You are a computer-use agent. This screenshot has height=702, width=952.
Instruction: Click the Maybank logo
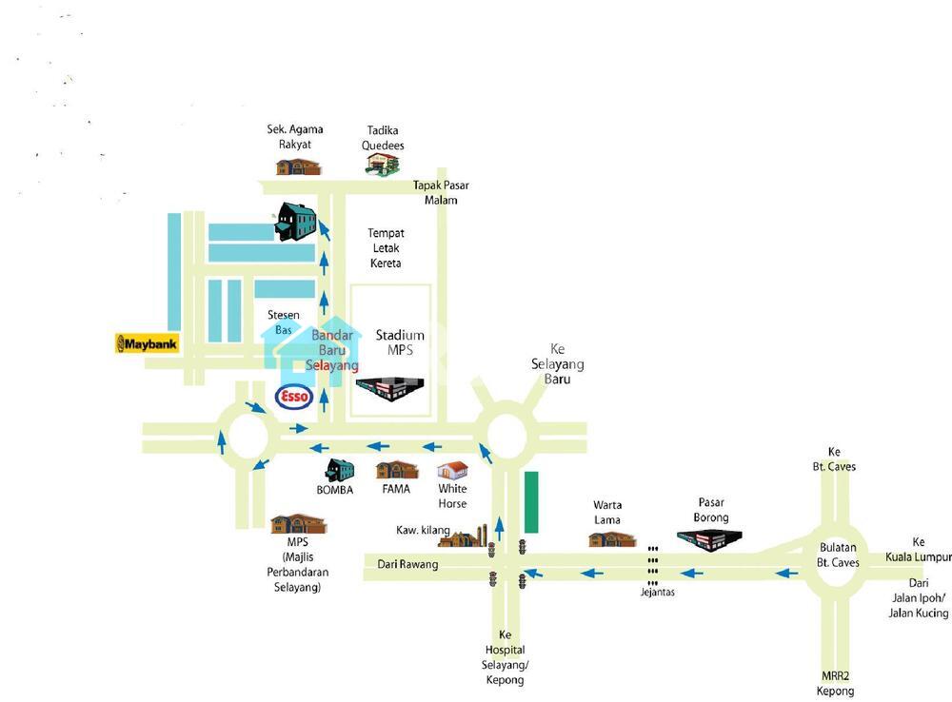[148, 343]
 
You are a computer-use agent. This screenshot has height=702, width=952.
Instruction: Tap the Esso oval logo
[293, 396]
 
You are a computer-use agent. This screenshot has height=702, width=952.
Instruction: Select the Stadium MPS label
[400, 342]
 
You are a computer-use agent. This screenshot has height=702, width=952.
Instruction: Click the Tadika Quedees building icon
[384, 164]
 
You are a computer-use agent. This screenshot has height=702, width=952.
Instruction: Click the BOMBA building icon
[339, 471]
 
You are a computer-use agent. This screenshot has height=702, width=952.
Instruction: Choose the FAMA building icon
[397, 471]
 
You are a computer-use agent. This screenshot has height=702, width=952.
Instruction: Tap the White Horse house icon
[453, 473]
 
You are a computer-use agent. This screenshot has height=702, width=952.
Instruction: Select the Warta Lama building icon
[611, 539]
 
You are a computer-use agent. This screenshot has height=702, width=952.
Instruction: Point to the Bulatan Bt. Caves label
[840, 555]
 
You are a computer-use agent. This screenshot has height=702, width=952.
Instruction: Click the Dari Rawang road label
[407, 564]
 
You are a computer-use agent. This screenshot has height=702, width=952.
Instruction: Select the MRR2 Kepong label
[837, 683]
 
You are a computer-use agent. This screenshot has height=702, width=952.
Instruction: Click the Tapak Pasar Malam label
[441, 192]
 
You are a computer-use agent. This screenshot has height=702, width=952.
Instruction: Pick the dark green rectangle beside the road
[531, 501]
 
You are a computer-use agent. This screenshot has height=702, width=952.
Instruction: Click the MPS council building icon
[298, 525]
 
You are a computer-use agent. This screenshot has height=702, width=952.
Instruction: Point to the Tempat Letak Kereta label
[386, 247]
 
